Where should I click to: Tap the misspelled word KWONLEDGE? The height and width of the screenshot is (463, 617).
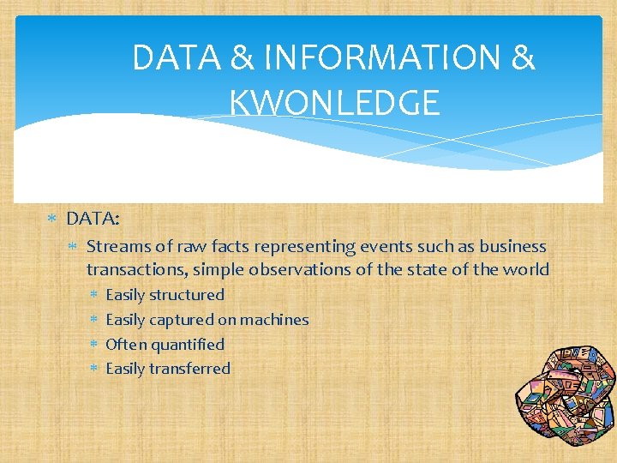334,102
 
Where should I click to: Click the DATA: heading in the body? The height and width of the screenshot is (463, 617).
93,219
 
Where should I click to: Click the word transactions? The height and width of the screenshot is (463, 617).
136,270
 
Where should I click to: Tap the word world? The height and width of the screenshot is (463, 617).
525,270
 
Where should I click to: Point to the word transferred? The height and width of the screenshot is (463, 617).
189,369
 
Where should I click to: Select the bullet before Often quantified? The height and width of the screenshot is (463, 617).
93,345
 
